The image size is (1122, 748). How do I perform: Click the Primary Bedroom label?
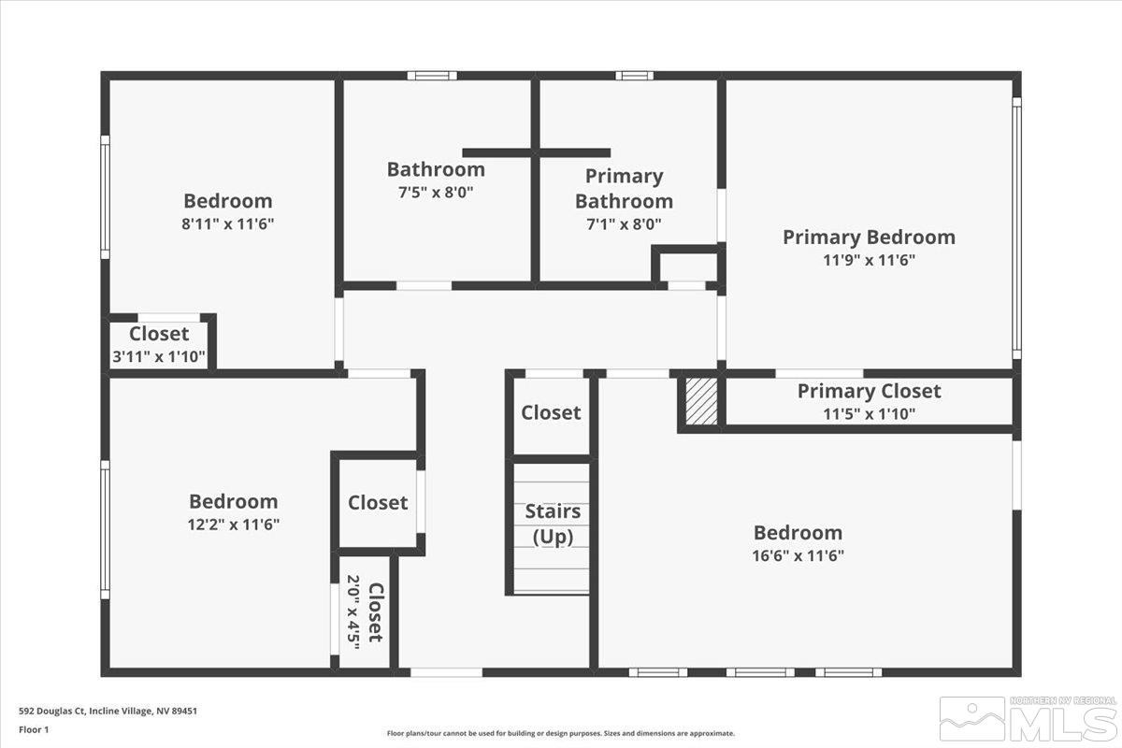(869, 237)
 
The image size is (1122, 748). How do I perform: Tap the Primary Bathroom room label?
(624, 188)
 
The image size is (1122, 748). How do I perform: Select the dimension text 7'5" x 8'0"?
(436, 192)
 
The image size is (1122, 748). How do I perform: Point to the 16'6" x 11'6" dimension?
(798, 554)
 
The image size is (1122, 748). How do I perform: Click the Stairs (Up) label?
(553, 524)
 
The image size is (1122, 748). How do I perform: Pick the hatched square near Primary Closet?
(701, 401)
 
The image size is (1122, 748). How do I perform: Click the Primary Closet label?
(869, 392)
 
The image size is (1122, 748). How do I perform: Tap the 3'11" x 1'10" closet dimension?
(159, 355)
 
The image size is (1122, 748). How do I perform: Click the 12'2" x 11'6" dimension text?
(234, 525)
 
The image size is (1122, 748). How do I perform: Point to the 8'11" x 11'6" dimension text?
(228, 223)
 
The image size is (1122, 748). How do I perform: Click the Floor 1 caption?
(34, 728)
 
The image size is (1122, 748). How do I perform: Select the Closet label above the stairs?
(551, 412)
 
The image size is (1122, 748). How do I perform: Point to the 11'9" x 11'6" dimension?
(869, 260)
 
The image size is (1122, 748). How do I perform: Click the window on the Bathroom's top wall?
(432, 75)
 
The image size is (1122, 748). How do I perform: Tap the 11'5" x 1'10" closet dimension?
(869, 413)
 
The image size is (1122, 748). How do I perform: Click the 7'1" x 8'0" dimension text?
(624, 224)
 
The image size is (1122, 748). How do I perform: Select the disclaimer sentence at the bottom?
(561, 734)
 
